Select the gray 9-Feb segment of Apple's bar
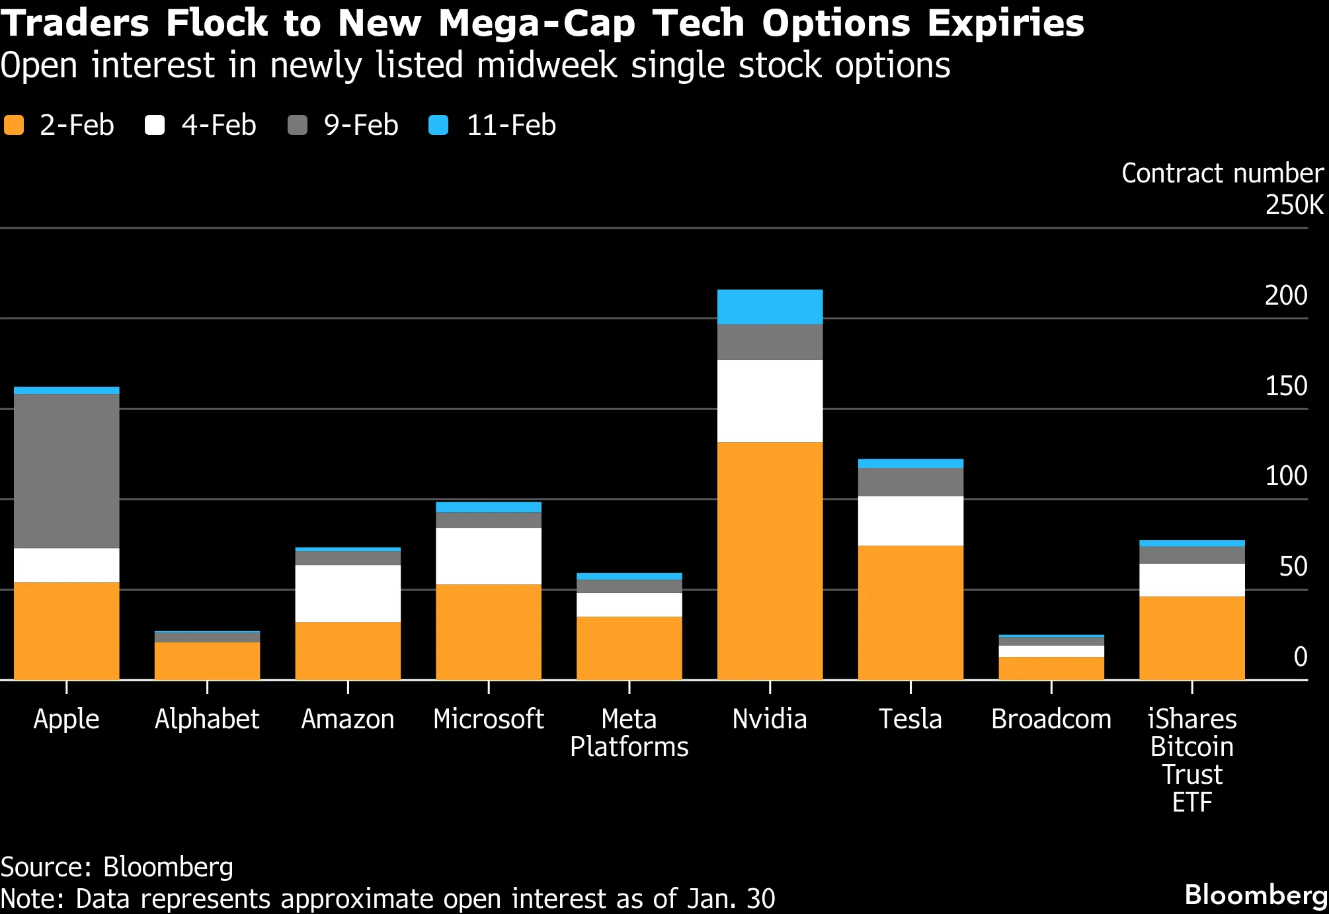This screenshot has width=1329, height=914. tap(66, 471)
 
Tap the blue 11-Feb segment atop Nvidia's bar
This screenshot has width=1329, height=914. tap(770, 307)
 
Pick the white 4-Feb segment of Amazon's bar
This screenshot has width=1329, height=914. tap(348, 593)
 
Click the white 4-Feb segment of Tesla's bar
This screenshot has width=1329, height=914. tap(910, 520)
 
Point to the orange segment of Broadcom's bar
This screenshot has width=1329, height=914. tap(1051, 668)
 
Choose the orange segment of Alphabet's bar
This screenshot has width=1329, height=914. tap(207, 660)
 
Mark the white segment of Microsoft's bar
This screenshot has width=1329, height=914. tap(488, 556)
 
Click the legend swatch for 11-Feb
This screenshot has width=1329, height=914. tap(438, 125)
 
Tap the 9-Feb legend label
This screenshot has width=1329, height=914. tap(361, 125)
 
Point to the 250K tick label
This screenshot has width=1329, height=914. tap(1294, 205)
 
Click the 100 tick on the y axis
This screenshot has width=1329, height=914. tap(1285, 476)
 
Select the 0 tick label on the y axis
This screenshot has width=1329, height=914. tap(1300, 656)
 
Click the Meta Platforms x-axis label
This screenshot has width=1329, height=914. tap(629, 732)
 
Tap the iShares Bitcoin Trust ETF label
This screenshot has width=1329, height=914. tap(1191, 760)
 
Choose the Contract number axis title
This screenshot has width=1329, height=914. tap(1222, 173)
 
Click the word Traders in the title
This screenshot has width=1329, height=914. tap(75, 23)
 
